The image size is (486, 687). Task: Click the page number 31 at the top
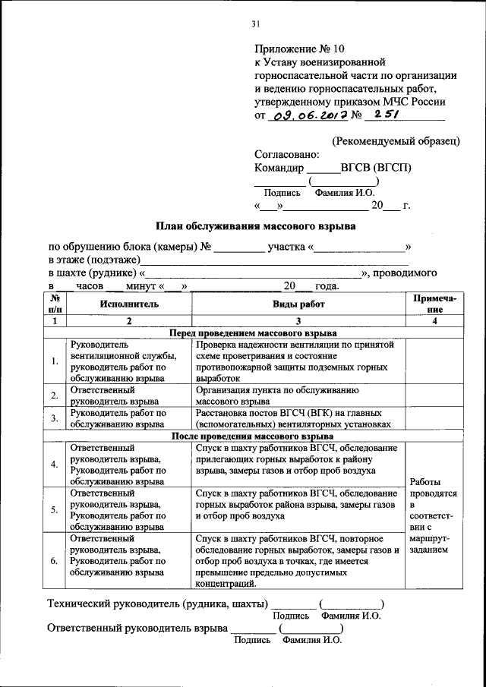point(256,24)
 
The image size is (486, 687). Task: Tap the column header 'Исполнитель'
point(128,304)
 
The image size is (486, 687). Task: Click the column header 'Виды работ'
point(298,304)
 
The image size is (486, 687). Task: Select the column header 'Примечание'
point(434,304)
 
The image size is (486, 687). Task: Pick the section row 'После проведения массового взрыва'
point(251,437)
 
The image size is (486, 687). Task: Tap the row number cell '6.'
point(55,561)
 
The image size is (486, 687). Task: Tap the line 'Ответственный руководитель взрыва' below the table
point(137,628)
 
